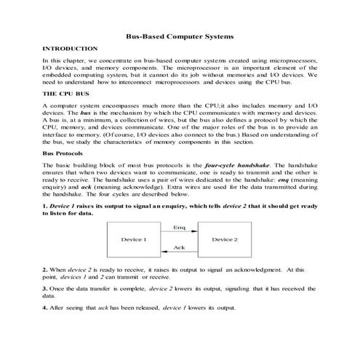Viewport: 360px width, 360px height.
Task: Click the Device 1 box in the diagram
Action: (133, 239)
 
